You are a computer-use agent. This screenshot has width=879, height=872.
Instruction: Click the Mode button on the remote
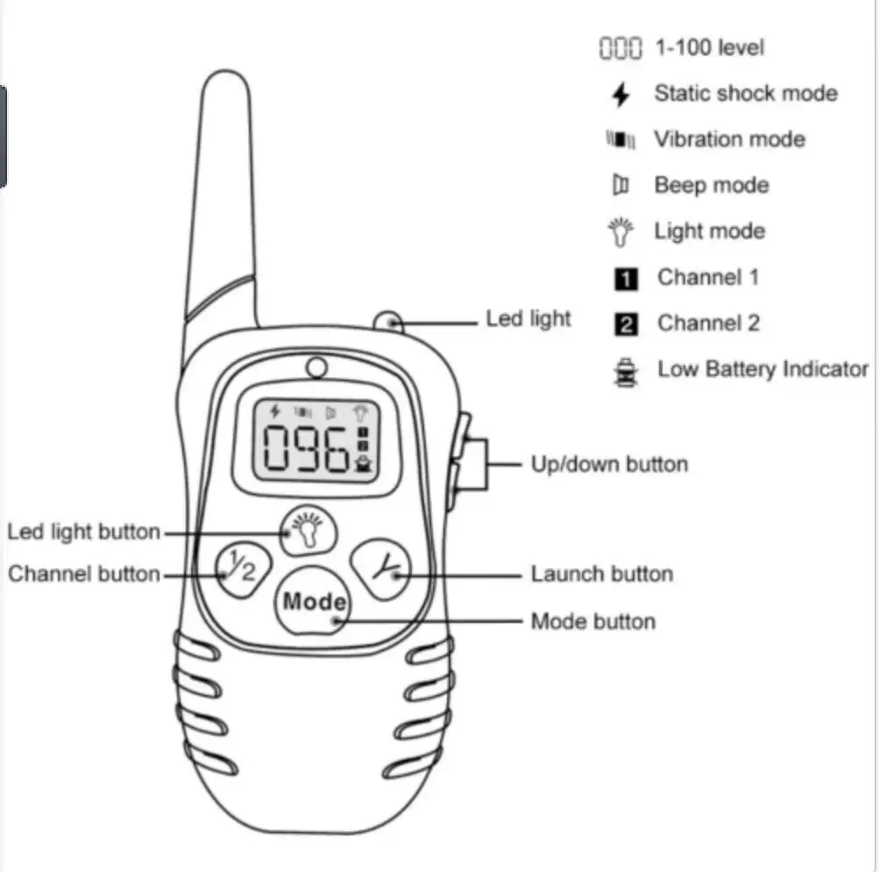coord(314,603)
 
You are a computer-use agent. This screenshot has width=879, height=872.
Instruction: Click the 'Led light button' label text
coord(84,532)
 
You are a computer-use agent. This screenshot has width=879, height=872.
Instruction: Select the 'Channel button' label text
coord(84,574)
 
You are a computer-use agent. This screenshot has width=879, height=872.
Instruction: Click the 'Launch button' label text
coord(601,574)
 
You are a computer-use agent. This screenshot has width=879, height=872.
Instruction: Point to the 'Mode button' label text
coord(592,621)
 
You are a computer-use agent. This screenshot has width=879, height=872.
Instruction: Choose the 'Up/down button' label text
coord(609,464)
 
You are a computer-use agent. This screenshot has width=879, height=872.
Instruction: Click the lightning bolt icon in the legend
coord(620,95)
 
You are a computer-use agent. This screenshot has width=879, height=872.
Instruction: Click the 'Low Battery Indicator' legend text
coord(762,369)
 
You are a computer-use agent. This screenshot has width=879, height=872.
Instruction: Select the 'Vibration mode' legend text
coord(729,139)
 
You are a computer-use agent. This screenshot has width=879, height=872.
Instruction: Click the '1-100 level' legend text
coord(710,47)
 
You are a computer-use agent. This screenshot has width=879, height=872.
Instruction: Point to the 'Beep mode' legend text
coord(711,186)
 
